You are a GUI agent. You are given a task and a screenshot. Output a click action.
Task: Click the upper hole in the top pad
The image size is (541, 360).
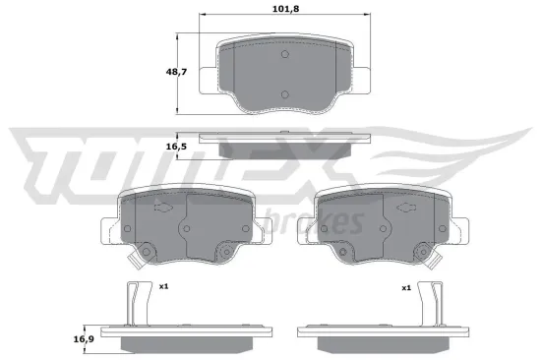pos(282,58)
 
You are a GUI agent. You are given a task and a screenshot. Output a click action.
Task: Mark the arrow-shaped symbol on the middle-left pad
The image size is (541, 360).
pos(162,210)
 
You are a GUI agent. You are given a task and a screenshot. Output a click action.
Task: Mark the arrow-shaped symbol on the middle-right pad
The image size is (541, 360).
pos(402,210)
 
